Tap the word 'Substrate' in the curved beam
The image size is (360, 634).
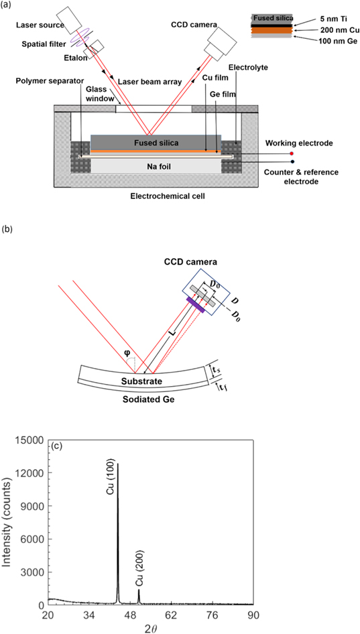(x=143, y=381)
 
